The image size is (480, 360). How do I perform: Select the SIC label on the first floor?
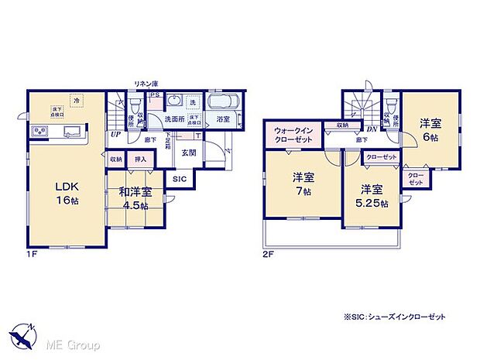(x=178, y=179)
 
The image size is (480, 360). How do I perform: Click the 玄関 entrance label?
(x=188, y=153)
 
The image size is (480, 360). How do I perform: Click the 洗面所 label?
(x=174, y=119)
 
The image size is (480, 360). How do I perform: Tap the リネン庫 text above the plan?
(x=146, y=83)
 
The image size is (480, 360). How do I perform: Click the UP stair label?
(x=115, y=134)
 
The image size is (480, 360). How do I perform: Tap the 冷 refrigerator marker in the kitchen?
(x=75, y=98)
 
